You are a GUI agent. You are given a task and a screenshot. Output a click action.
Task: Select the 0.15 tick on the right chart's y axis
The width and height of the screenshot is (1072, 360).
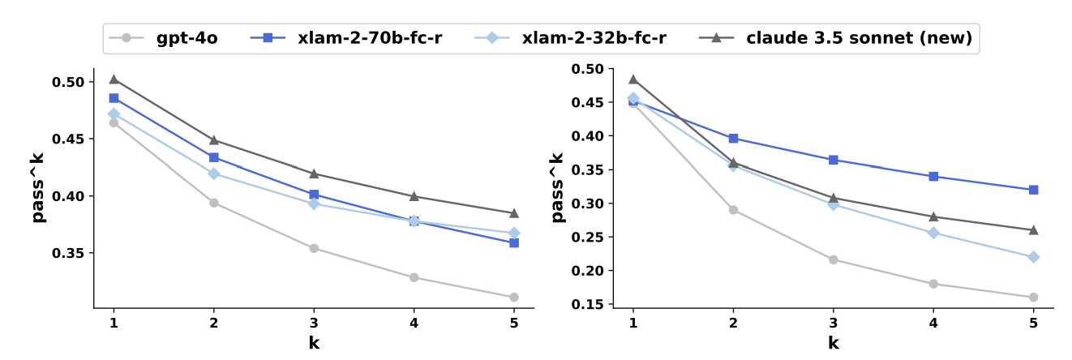click(590, 304)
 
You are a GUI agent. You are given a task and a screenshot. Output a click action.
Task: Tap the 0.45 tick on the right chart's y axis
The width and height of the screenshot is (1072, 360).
click(590, 102)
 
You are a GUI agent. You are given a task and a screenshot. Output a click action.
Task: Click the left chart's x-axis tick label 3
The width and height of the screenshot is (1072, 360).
click(314, 322)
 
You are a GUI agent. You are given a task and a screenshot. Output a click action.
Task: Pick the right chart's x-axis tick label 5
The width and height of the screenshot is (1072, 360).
click(1033, 322)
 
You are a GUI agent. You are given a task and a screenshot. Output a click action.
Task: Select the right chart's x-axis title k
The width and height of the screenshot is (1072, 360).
click(833, 342)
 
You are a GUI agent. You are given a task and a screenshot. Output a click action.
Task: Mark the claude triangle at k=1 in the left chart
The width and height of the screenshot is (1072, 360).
click(114, 79)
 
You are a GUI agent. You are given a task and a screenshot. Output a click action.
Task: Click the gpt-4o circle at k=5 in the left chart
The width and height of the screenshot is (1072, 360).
click(514, 298)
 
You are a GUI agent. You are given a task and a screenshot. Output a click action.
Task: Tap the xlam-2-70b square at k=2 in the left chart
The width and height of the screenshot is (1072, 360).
click(214, 157)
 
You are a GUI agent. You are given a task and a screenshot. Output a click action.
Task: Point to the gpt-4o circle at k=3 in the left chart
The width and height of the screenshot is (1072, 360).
click(314, 248)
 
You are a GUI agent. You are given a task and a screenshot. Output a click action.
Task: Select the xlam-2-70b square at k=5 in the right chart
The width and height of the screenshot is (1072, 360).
click(1033, 190)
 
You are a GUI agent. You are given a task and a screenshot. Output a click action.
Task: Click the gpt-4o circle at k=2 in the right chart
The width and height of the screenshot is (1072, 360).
click(733, 210)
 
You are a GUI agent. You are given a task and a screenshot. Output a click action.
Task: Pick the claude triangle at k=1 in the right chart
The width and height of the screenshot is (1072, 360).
click(633, 79)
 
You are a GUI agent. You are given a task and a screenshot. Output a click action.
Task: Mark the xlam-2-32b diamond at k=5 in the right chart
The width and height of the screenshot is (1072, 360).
click(1033, 257)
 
